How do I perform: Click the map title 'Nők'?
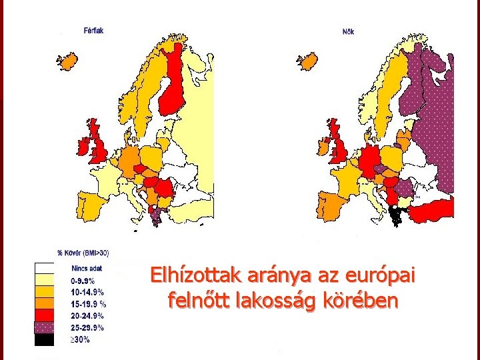coord(348,31)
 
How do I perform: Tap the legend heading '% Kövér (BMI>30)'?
coord(83,253)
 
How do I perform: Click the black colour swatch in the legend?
coord(44,340)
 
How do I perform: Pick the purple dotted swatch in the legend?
coord(44,327)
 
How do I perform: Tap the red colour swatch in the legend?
coord(44,315)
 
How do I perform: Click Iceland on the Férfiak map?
coord(68,61)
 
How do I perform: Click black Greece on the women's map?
coord(398,215)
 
